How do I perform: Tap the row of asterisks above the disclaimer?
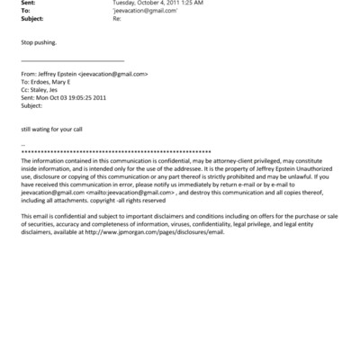[180, 150]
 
